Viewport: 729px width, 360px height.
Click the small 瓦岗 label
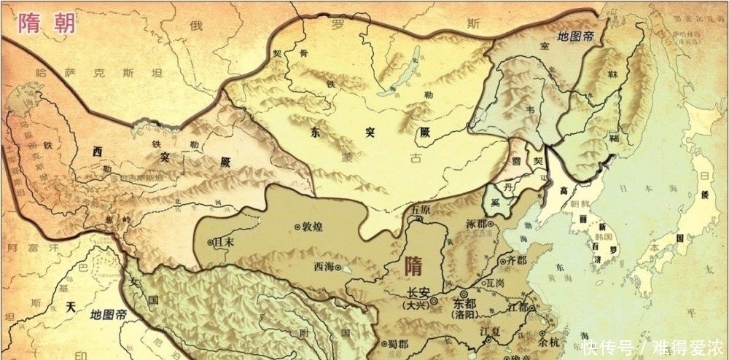point(496,280)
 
